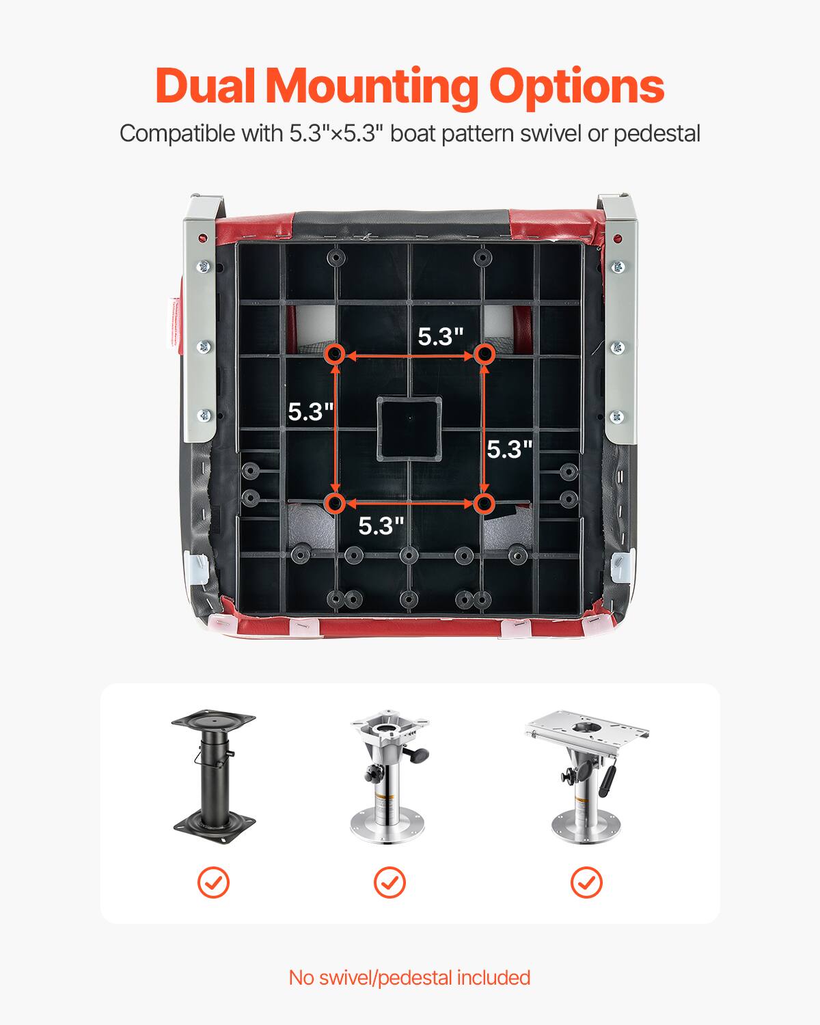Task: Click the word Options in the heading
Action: coord(576,87)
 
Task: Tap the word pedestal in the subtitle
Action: coord(656,133)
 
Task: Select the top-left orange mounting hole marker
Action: coord(335,355)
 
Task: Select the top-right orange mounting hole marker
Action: coord(484,354)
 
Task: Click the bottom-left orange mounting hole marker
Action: coord(335,504)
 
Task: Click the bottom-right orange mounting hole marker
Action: coord(484,504)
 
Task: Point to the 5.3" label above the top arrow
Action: coord(441,336)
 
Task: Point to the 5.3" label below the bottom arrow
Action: coord(381,525)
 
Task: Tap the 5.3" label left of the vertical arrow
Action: coord(311,411)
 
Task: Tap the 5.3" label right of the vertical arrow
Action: coord(509,449)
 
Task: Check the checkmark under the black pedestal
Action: coord(213,882)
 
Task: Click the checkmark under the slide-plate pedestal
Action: coord(586,882)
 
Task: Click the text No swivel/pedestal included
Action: coord(409,977)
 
